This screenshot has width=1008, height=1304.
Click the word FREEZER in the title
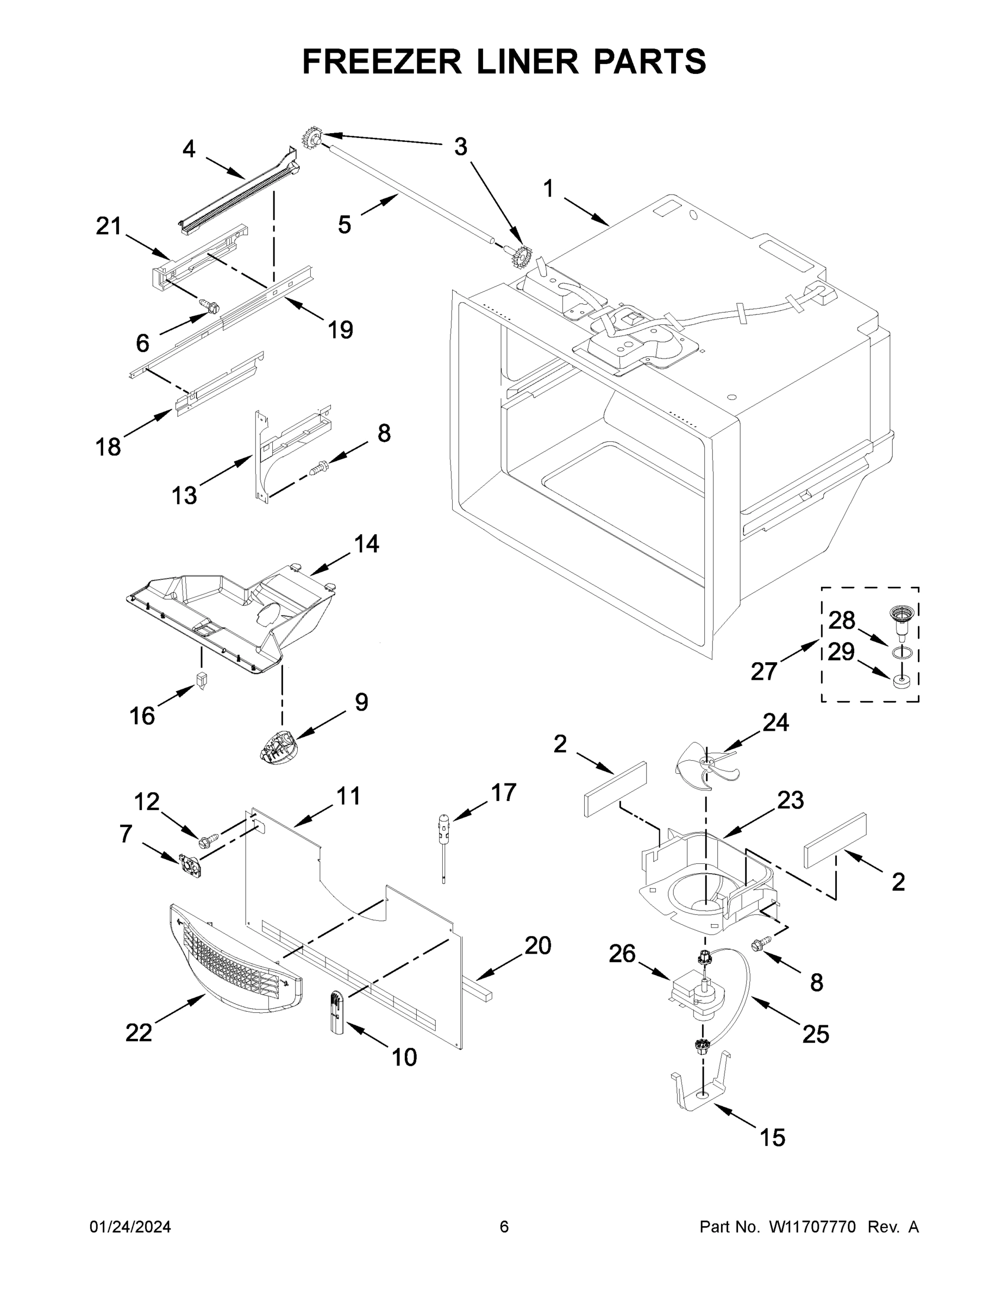click(x=381, y=61)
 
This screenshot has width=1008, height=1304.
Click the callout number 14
click(x=367, y=544)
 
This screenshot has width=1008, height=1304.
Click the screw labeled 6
click(x=210, y=306)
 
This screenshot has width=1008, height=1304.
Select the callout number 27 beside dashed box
click(x=764, y=672)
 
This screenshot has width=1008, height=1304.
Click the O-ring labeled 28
click(x=902, y=653)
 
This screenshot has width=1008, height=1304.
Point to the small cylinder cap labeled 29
click(x=901, y=681)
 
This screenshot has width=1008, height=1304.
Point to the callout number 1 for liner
click(x=548, y=189)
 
